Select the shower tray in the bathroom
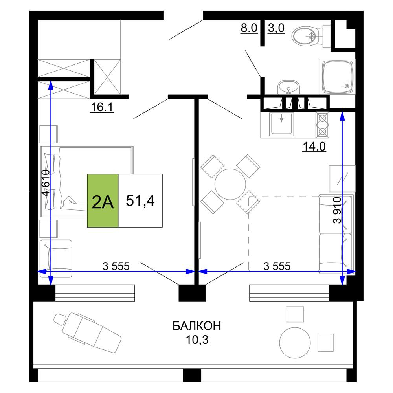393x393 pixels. pyautogui.click(x=337, y=77)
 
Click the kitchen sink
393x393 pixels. pyautogui.click(x=281, y=124)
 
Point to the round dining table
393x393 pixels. pyautogui.click(x=230, y=184)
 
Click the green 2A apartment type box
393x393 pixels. pyautogui.click(x=103, y=201)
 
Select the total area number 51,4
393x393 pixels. pyautogui.click(x=140, y=200)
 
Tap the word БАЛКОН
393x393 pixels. pyautogui.click(x=197, y=326)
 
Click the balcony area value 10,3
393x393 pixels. pyautogui.click(x=197, y=340)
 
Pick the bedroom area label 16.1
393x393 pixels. pyautogui.click(x=102, y=107)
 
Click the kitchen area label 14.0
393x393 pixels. pyautogui.click(x=314, y=146)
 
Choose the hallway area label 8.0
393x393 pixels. pyautogui.click(x=249, y=28)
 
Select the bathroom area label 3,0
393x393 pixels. pyautogui.click(x=276, y=28)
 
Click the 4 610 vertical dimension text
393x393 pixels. pyautogui.click(x=46, y=184)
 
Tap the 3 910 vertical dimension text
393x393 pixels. pyautogui.click(x=337, y=210)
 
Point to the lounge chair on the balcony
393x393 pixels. pyautogui.click(x=87, y=332)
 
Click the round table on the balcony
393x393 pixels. pyautogui.click(x=295, y=343)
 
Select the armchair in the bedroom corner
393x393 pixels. pyautogui.click(x=56, y=259)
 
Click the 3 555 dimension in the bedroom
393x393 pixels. pyautogui.click(x=116, y=266)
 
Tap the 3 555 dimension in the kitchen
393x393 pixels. pyautogui.click(x=277, y=266)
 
